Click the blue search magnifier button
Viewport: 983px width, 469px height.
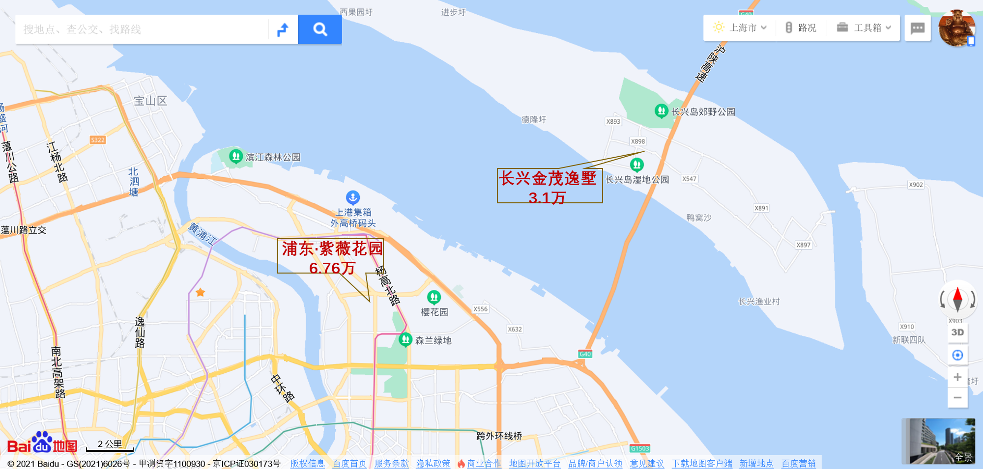[320, 29]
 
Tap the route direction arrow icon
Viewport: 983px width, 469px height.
[283, 29]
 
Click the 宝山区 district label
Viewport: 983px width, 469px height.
[150, 101]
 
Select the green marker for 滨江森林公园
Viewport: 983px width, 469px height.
[236, 156]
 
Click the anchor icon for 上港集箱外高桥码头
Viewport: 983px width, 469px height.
[353, 197]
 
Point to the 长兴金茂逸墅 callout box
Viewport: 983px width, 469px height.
[549, 186]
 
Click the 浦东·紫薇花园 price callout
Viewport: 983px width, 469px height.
[330, 256]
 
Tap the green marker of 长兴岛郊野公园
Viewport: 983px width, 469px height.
[662, 110]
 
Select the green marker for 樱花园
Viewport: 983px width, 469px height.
[434, 297]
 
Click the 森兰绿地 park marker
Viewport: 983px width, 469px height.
[405, 339]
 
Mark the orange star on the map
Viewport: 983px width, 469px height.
[201, 293]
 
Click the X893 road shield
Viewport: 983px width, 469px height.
[613, 121]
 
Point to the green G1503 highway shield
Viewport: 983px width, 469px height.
[640, 448]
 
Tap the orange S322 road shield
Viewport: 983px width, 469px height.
[98, 140]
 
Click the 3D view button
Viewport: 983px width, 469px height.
[957, 332]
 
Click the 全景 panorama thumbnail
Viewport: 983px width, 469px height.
[938, 441]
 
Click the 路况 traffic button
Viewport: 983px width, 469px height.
[801, 28]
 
